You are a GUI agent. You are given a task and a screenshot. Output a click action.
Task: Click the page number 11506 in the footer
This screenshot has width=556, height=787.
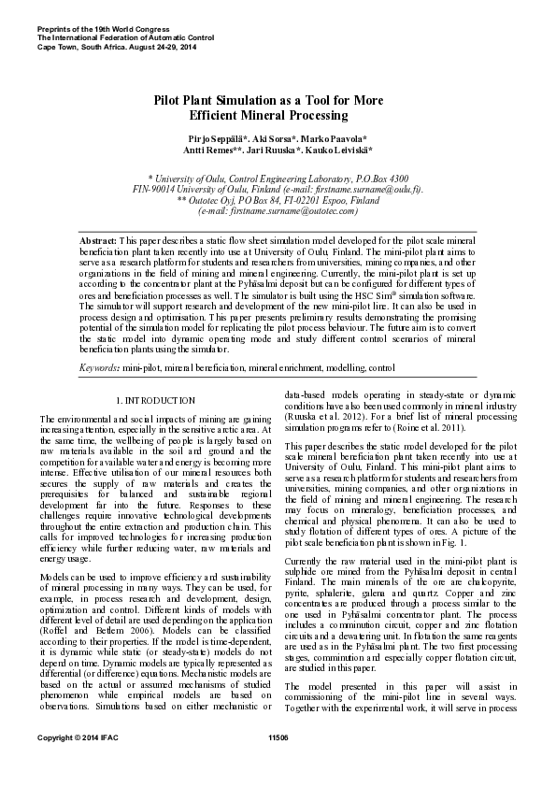(278, 765)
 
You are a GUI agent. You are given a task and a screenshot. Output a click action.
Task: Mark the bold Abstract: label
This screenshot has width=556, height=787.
(97, 240)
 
